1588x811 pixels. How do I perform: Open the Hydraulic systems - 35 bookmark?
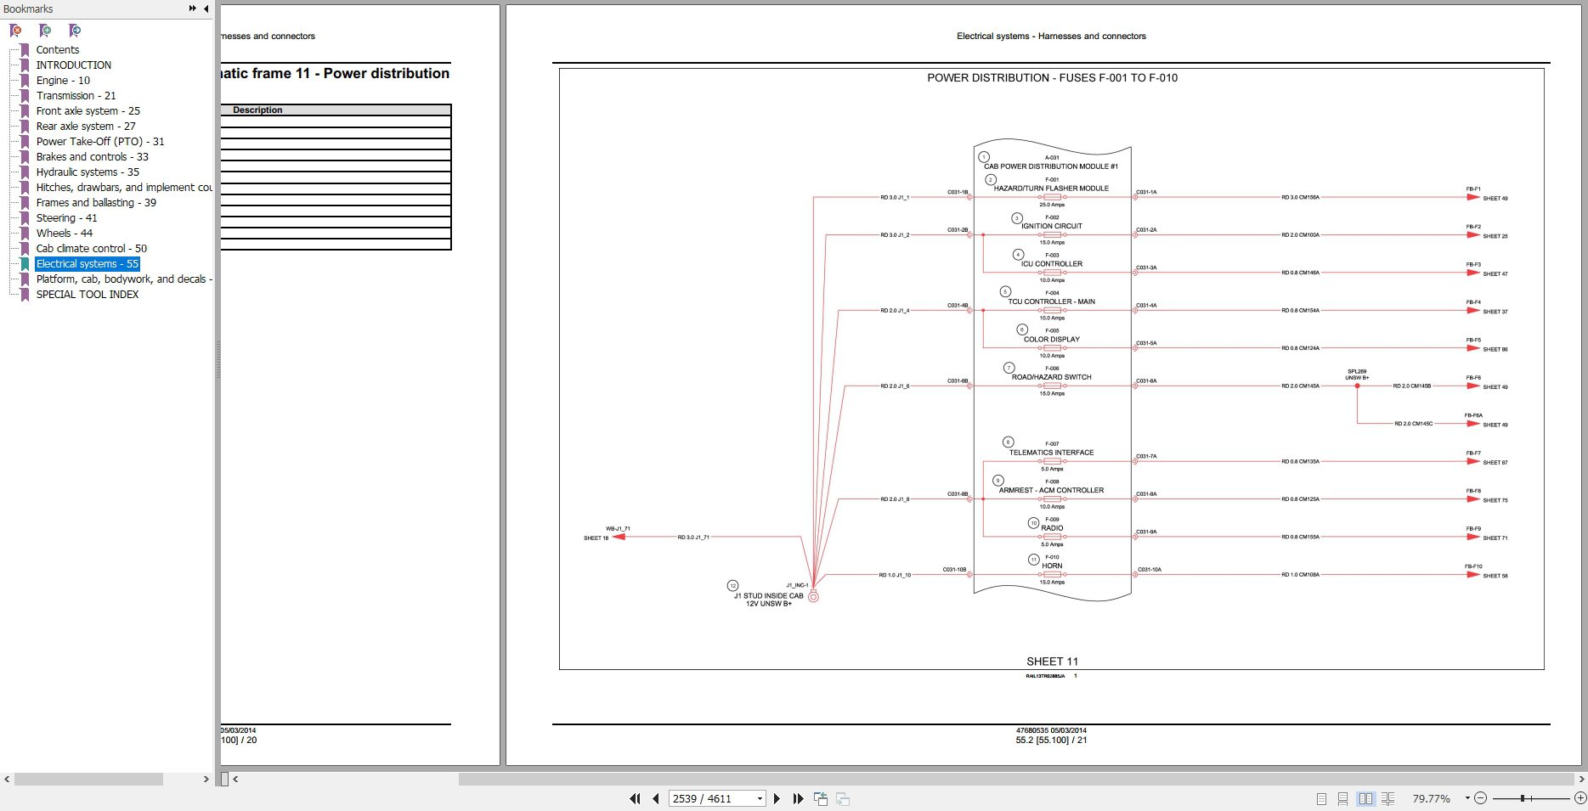87,172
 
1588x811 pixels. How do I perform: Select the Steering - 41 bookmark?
66,218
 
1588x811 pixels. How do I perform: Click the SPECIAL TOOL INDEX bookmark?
87,295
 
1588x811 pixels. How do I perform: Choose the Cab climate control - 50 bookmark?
91,249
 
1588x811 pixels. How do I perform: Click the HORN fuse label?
1052,566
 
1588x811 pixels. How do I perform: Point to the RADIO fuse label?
1052,528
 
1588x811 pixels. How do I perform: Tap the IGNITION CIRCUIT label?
1052,226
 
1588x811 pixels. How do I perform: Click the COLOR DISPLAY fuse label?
1052,340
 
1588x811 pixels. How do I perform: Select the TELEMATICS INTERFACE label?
1052,453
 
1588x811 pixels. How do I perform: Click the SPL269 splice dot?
1357,386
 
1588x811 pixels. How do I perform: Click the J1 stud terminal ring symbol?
813,597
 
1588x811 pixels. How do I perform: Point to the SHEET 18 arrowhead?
619,537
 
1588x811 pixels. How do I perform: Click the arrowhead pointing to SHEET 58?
1473,575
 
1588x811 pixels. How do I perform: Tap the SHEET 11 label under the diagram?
1052,662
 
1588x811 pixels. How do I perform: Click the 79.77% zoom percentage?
1431,799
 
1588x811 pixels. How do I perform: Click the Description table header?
257,110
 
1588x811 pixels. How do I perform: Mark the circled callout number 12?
732,586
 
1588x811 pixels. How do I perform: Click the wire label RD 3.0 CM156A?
1300,198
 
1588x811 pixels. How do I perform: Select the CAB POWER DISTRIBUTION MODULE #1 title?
1051,166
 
